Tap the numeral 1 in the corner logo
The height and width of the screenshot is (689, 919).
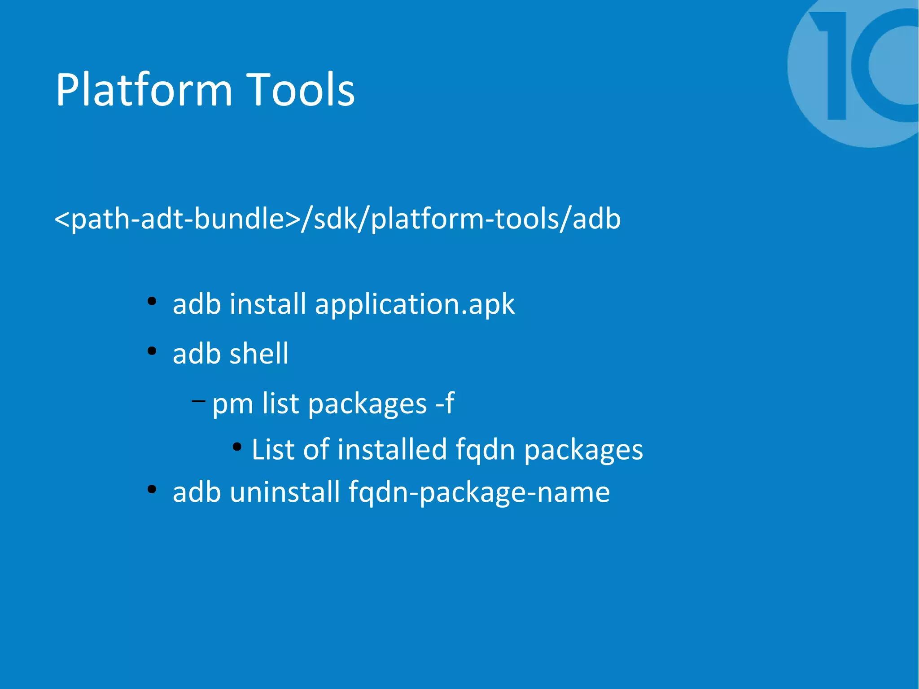832,65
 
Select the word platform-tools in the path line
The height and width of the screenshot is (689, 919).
465,219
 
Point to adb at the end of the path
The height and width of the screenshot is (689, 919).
597,219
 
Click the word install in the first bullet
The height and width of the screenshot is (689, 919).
268,304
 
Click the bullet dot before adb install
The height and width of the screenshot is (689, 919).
152,301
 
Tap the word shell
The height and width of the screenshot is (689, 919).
259,353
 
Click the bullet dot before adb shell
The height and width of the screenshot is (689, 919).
152,351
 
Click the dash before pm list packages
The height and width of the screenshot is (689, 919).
198,400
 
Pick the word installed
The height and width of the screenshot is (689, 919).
392,449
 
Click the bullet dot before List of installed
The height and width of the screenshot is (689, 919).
237,447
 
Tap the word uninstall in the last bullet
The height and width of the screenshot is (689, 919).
285,492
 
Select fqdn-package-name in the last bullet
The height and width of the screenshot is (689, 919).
479,492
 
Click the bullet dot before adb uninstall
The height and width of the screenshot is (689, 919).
152,489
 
